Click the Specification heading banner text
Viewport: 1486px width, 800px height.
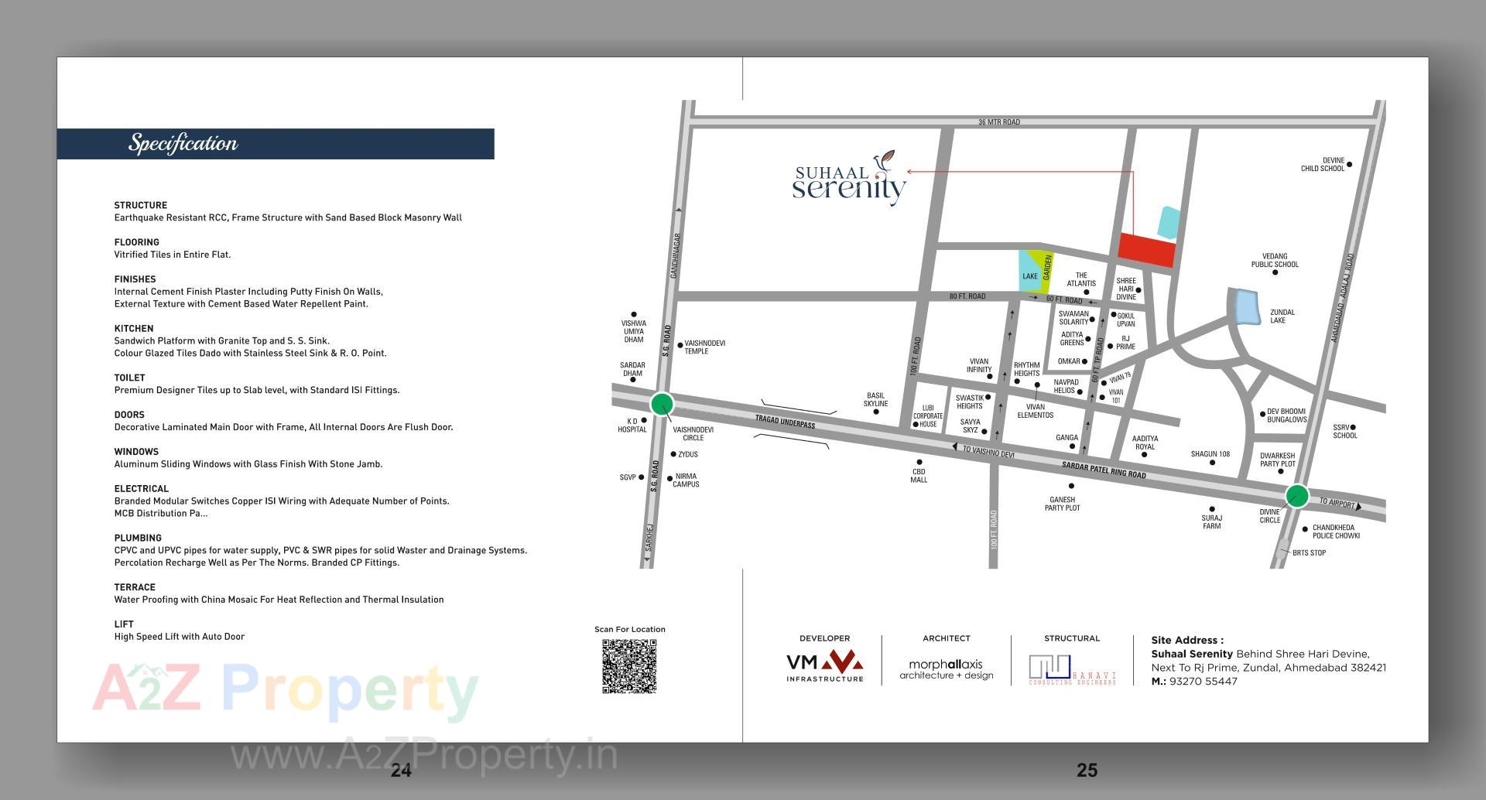183,143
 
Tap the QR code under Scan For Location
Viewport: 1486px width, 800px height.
629,666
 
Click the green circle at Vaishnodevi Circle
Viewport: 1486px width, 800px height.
662,404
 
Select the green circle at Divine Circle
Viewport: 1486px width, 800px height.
1297,495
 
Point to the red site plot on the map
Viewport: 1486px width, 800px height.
1146,249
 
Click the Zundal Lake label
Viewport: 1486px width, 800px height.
1282,316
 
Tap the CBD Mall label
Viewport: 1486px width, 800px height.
919,476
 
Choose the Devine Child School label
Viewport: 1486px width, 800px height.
1323,165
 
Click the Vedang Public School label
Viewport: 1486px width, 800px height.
1275,261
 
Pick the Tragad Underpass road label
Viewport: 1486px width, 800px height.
785,422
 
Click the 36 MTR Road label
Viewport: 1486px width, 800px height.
998,122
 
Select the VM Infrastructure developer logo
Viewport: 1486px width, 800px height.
824,666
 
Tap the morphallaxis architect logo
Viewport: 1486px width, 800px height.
946,669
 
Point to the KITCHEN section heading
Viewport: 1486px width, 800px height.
134,329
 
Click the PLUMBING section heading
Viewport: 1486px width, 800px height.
138,538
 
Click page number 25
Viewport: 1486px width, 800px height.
1087,770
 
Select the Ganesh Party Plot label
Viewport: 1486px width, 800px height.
1063,504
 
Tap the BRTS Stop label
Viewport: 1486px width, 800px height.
1309,553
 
